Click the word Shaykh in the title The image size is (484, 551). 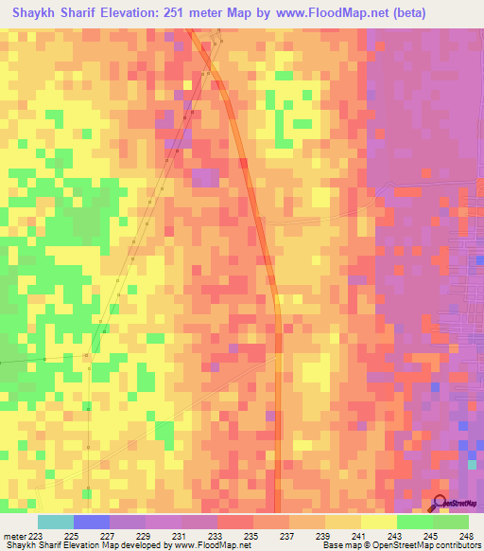[x=37, y=13]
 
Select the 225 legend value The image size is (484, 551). [x=71, y=535]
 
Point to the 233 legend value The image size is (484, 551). [x=215, y=535]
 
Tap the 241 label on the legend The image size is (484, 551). [x=358, y=535]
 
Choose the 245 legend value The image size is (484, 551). [x=430, y=535]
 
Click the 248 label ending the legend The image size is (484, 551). [x=466, y=535]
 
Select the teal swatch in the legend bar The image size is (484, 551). [x=55, y=522]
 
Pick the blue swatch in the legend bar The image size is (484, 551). [x=91, y=522]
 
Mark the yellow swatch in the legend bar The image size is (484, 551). [x=378, y=522]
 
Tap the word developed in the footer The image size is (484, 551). [x=148, y=545]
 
